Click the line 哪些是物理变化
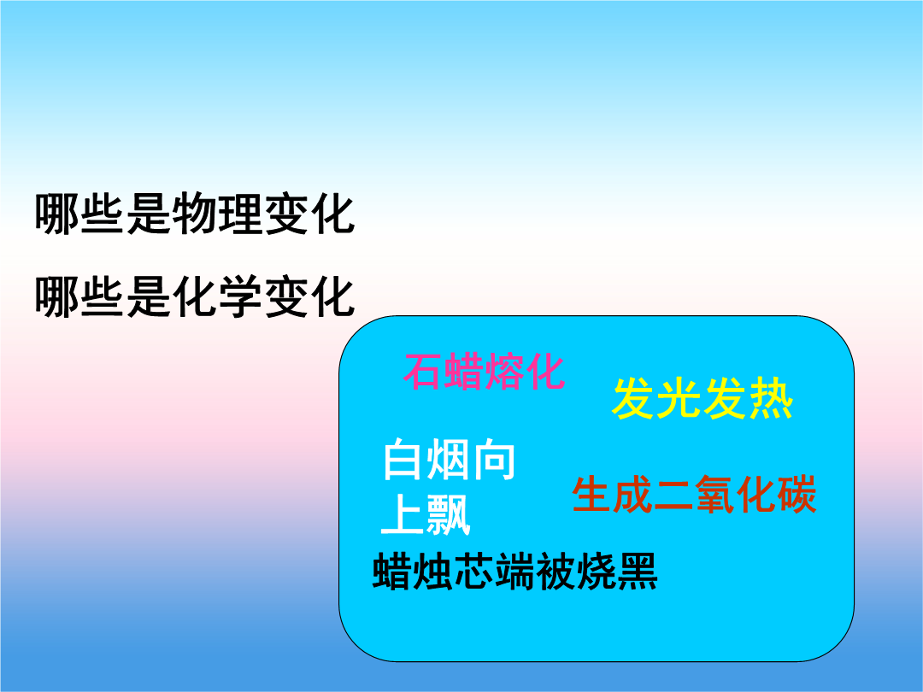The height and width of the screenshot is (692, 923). point(195,213)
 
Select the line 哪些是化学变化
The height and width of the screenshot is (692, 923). point(195,296)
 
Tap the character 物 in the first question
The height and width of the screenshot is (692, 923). point(195,213)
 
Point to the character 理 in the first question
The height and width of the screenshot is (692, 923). point(241,213)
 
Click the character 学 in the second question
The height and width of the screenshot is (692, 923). point(241,296)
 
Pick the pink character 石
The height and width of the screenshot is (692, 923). point(423,372)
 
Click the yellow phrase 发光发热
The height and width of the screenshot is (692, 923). point(703,398)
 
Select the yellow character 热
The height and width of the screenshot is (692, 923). point(772,398)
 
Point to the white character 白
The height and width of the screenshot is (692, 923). point(403,460)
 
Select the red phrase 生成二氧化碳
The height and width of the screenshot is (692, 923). point(695,495)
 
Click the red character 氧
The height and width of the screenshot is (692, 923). point(714,495)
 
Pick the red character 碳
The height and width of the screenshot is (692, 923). point(797,495)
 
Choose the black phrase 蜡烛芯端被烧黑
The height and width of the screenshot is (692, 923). point(515,571)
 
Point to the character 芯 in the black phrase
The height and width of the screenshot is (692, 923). point(474,571)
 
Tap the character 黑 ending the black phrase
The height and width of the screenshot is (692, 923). point(638,571)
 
